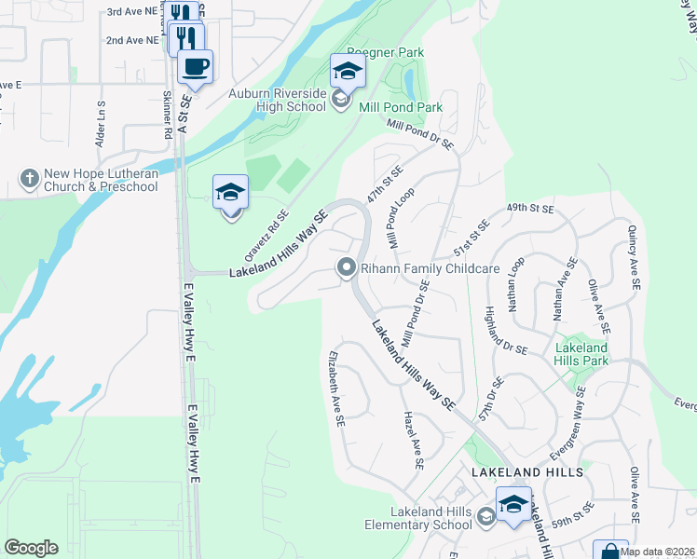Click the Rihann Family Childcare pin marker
[x=346, y=268]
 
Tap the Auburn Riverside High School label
[x=277, y=101]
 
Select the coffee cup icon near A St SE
[x=195, y=67]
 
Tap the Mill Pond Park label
[x=401, y=107]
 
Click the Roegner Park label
[x=379, y=52]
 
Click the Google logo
[x=30, y=547]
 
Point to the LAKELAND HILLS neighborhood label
[x=527, y=472]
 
